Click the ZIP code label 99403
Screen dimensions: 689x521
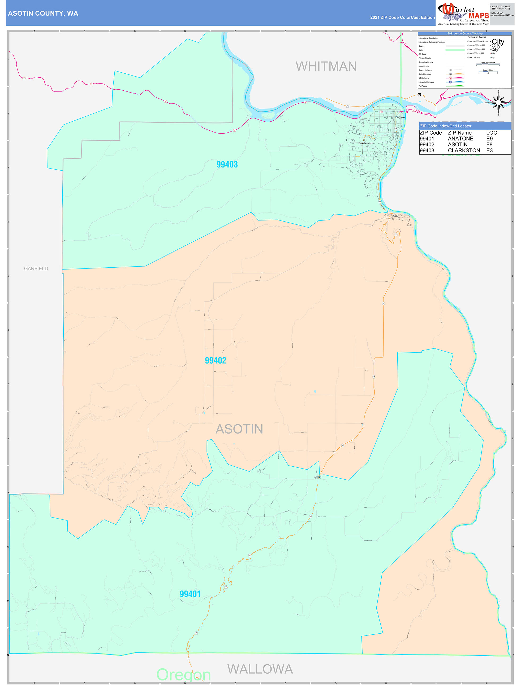(227, 165)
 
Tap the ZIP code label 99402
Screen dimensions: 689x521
(215, 360)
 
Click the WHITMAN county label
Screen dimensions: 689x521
(326, 66)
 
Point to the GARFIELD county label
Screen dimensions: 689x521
(36, 268)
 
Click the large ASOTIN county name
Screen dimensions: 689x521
(239, 429)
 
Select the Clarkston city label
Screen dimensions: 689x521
(400, 117)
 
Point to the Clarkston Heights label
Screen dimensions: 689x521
(366, 143)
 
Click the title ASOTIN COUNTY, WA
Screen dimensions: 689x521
(43, 14)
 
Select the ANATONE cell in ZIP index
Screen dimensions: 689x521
(460, 139)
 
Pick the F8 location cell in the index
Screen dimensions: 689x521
(489, 144)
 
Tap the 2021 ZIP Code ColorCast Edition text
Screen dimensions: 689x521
(402, 17)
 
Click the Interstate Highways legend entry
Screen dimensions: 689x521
(426, 82)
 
